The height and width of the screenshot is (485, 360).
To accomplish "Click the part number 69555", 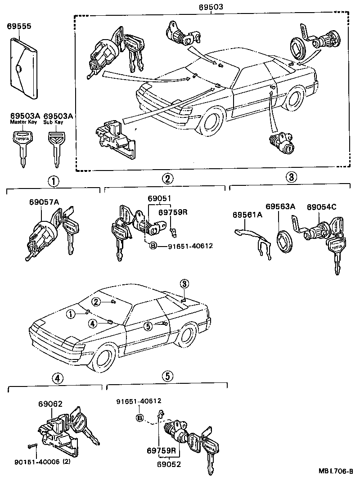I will (x=19, y=27).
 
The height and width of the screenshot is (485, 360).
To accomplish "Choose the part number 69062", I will (x=50, y=404).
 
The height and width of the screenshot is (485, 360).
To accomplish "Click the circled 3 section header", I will (x=290, y=176).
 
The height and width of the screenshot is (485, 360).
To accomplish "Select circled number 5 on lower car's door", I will (x=148, y=327).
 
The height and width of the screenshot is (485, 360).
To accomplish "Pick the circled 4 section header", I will (x=56, y=378).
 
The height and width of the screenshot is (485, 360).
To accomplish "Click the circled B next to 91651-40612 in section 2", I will (x=153, y=246).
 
